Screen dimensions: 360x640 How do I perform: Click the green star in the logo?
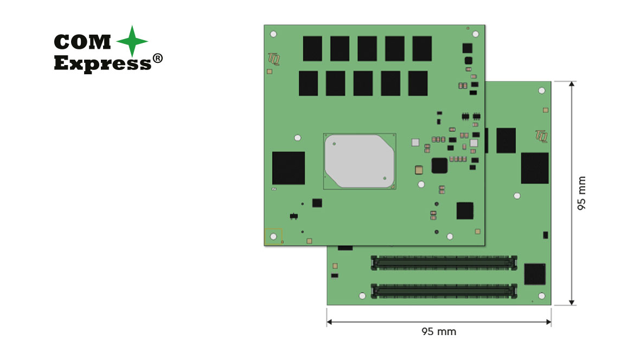pos(132,42)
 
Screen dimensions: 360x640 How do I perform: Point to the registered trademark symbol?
pos(157,60)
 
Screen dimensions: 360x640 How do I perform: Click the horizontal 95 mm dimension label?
pos(439,331)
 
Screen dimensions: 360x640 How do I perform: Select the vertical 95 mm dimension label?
pos(582,193)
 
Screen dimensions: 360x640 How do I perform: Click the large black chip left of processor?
pos(288,168)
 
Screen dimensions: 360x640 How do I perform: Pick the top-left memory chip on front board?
pos(312,48)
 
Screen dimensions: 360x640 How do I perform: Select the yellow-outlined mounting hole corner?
pos(273,236)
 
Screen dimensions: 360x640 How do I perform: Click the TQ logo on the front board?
pos(273,57)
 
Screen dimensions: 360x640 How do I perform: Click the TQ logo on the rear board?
pos(541,135)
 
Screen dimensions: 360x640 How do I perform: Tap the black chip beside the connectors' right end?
pos(535,274)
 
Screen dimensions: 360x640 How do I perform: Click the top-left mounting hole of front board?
pos(273,34)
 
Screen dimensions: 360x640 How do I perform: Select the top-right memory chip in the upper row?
pos(422,48)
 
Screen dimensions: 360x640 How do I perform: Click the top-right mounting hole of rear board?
pos(541,91)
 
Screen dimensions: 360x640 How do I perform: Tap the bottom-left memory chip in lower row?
pos(308,83)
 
